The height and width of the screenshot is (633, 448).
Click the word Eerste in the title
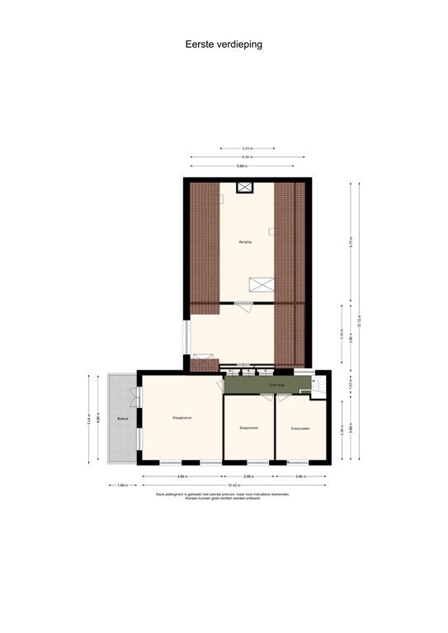coord(200,45)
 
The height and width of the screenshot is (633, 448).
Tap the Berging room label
coord(245,241)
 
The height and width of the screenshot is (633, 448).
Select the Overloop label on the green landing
coord(276,384)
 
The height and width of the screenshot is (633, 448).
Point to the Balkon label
coord(122,419)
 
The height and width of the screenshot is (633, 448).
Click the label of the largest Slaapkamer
coord(182,418)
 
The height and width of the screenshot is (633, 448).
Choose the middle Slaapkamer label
coord(249,428)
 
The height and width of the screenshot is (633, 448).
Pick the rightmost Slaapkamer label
coord(299,429)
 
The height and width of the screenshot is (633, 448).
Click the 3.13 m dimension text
coord(247,148)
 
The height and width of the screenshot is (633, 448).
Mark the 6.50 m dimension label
coord(247,157)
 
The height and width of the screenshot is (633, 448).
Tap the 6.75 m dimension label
coord(350,242)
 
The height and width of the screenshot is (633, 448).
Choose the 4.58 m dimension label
coord(182,476)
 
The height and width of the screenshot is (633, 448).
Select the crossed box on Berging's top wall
coord(245,187)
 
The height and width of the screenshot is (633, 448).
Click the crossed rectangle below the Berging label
coord(262,284)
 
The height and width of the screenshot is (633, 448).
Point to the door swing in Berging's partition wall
coord(243,306)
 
